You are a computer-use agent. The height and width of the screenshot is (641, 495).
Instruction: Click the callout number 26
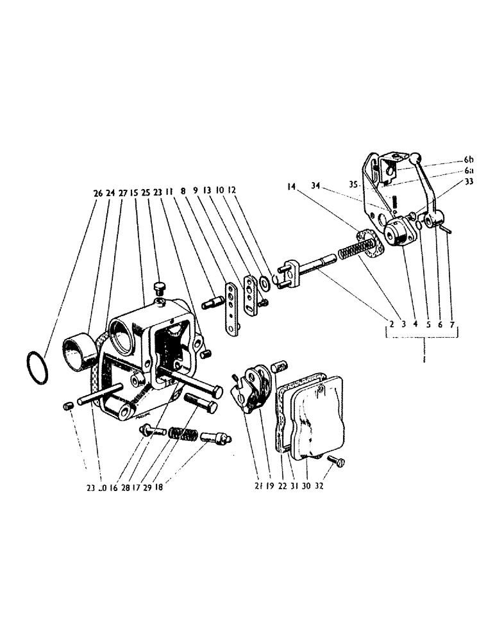(x=97, y=190)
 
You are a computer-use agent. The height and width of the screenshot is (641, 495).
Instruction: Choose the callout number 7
(x=454, y=324)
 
